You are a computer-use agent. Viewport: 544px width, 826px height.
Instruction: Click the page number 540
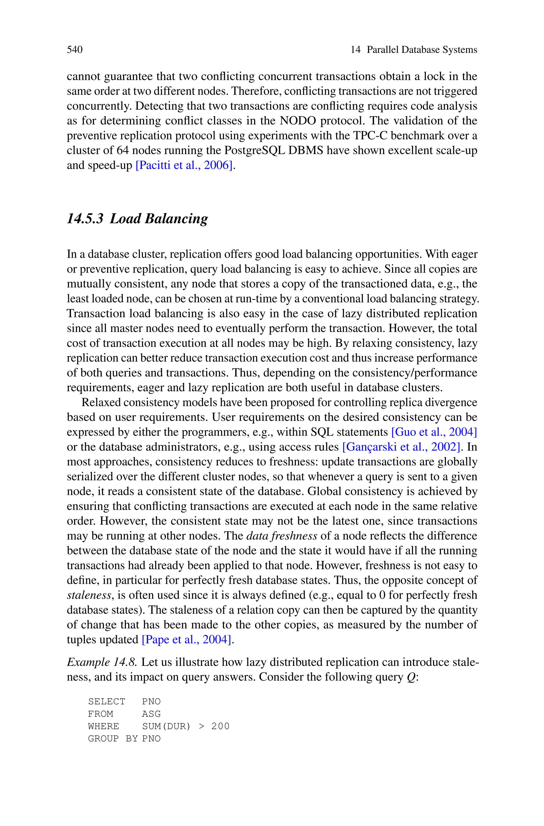[x=75, y=50]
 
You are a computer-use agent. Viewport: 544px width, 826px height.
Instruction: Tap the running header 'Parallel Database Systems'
[x=422, y=50]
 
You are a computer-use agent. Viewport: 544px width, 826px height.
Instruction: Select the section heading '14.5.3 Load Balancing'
[x=137, y=219]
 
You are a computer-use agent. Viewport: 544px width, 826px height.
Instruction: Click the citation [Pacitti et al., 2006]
[x=184, y=165]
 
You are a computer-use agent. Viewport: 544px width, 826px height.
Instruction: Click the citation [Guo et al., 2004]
[x=434, y=432]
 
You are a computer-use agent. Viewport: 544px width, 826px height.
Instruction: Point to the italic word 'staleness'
[x=89, y=595]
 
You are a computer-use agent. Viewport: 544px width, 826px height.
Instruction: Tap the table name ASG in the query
[x=151, y=714]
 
